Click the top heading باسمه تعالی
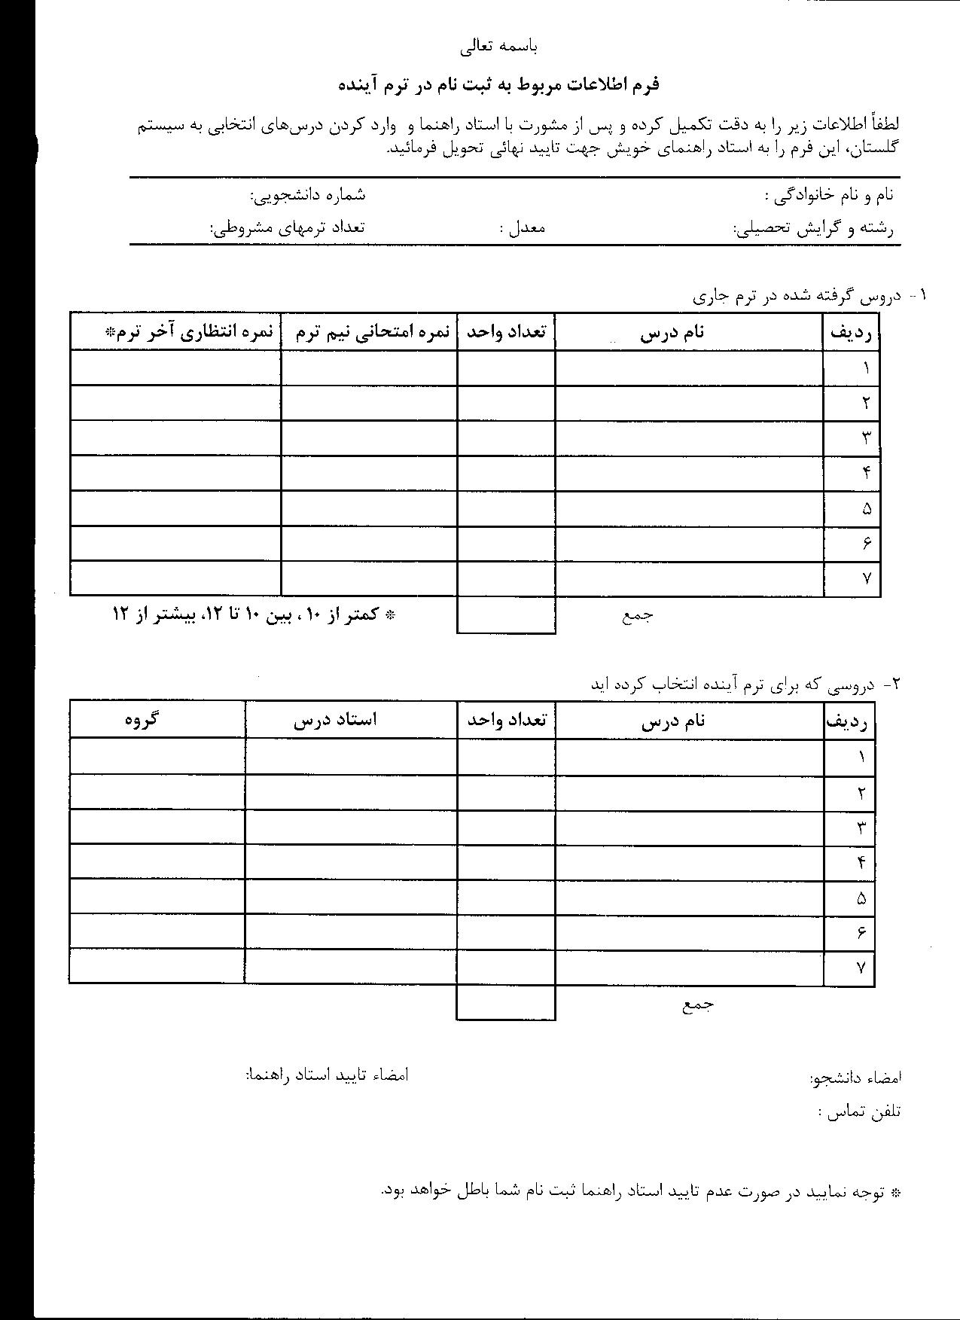pos(499,47)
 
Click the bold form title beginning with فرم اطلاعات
pos(498,84)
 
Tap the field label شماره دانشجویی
pos(308,195)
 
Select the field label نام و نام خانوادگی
pos(829,196)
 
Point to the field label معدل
pos(522,227)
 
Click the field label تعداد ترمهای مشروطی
pos(287,227)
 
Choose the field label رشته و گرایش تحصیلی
pos(813,227)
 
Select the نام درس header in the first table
pos(672,332)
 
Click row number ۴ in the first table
pos(867,473)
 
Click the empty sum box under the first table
pos(506,615)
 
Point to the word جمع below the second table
pos(699,1004)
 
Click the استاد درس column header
pos(335,719)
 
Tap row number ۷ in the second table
pos(861,968)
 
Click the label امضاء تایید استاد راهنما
pos(327,1075)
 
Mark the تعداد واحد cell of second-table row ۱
pos(506,756)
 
